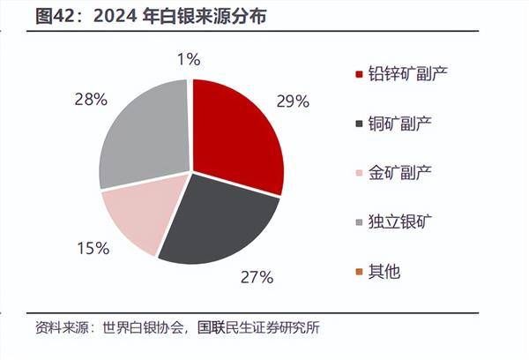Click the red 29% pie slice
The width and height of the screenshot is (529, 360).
click(236, 132)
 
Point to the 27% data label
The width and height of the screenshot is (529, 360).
click(257, 277)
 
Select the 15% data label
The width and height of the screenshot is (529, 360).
click(92, 249)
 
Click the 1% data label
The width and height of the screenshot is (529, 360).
click(188, 60)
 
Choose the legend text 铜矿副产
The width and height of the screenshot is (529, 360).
click(401, 123)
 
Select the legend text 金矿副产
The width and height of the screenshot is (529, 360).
click(401, 172)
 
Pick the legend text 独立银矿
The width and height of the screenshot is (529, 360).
click(401, 221)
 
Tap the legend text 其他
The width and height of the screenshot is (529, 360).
click(386, 271)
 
